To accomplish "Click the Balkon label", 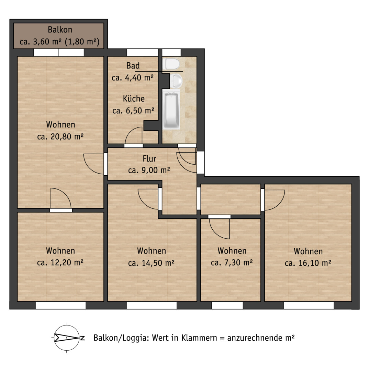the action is point(60,30).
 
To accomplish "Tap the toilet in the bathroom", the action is point(171,64).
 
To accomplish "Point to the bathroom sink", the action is point(176,81).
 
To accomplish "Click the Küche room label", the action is point(134,99).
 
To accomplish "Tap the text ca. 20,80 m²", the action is point(60,137).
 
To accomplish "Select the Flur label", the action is point(149,158).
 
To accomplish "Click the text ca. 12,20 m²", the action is point(60,262).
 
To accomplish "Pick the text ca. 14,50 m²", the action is point(152,263).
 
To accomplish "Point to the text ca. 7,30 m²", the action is point(232,262).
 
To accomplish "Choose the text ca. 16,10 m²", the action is point(308,263).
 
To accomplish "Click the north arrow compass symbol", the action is point(67,338).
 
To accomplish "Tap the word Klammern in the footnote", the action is point(199,338).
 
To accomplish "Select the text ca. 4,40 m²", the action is point(133,77).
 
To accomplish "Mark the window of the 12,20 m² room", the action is point(60,305).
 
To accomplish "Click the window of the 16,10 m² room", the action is point(309,305).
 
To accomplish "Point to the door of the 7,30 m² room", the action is point(220,228).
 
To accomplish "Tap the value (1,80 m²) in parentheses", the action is point(82,42).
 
